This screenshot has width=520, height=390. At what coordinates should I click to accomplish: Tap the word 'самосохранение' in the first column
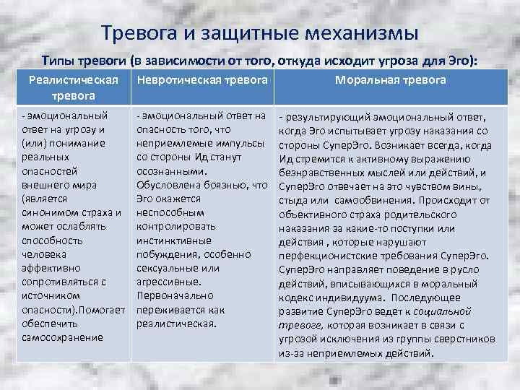click(63, 337)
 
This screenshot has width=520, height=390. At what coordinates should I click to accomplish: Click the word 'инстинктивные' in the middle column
click(174, 240)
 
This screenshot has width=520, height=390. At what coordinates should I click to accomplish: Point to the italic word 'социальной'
click(445, 311)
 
